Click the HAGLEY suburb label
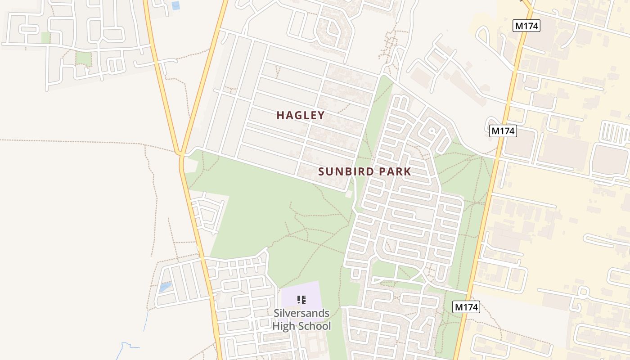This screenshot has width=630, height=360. [301, 115]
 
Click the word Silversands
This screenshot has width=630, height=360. [301, 313]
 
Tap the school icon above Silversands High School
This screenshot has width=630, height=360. [301, 299]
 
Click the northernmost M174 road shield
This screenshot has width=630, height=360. [526, 26]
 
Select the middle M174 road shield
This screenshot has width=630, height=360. [503, 131]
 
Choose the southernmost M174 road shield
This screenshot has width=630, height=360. [466, 307]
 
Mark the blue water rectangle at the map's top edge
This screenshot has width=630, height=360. [175, 6]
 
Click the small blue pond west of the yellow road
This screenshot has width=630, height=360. [165, 287]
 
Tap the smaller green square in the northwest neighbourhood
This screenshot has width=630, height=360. [45, 38]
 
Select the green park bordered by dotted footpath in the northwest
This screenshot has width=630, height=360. [83, 58]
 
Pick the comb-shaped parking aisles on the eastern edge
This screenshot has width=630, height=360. [615, 132]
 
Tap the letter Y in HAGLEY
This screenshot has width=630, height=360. [321, 115]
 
